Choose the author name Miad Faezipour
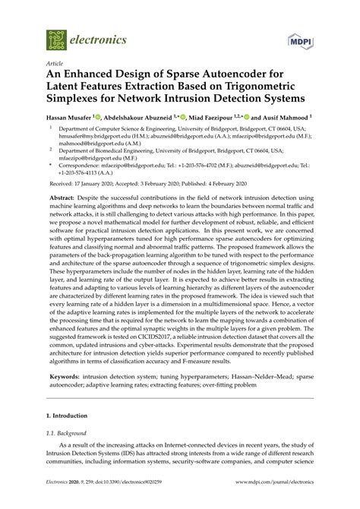[x=203, y=119]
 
